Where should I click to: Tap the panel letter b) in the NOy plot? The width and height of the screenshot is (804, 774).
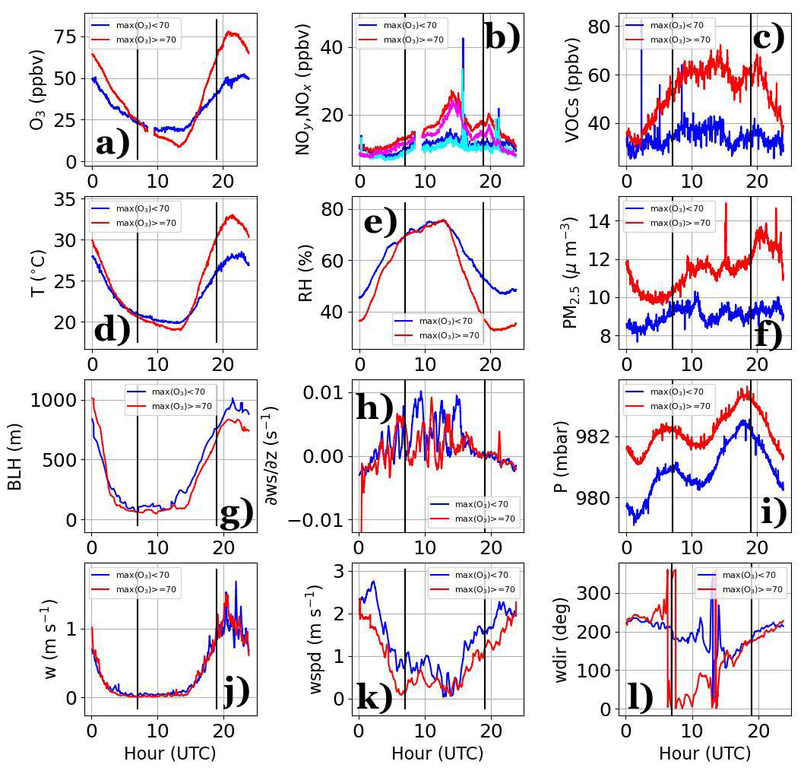[x=502, y=36]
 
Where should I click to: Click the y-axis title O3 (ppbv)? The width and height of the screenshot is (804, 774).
[x=39, y=89]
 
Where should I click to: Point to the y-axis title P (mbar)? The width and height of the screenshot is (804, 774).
[x=563, y=457]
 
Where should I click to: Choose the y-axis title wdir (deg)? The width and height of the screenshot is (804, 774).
[x=563, y=639]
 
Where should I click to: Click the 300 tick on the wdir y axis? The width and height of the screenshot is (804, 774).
[x=595, y=593]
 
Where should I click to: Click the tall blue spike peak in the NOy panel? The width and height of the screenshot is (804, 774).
[x=463, y=39]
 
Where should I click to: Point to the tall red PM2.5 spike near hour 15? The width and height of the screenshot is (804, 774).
[x=726, y=204]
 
